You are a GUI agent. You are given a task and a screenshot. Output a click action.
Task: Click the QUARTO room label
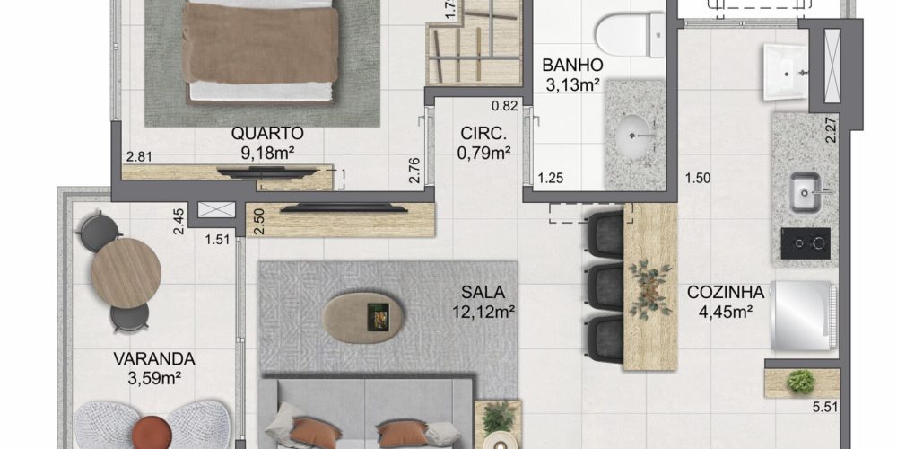point(267,134)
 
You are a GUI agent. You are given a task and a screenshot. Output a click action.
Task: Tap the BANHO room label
point(572,64)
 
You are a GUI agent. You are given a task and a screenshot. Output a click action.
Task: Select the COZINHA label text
point(726,293)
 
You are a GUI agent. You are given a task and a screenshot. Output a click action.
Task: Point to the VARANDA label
point(154,360)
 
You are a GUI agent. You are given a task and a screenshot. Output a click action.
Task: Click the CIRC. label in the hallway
point(484,134)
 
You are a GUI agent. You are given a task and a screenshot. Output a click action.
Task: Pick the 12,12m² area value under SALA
point(484,313)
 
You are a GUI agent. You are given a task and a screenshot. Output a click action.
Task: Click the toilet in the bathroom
point(630,34)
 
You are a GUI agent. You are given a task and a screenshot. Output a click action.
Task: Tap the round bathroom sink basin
point(634,136)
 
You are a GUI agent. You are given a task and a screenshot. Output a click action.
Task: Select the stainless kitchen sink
point(806,192)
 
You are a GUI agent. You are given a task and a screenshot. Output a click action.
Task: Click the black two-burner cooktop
point(806,243)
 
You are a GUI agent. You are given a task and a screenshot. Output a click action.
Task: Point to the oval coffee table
point(363,318)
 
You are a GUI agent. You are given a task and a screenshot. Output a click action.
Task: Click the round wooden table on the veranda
point(126,273)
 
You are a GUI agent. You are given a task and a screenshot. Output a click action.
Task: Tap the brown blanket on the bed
point(260,43)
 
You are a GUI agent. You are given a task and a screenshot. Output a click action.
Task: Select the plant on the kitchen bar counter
point(650,288)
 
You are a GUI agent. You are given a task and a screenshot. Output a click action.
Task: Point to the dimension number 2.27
point(832,130)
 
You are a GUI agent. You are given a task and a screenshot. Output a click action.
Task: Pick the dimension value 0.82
point(505,105)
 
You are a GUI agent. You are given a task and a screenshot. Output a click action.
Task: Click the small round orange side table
point(152,433)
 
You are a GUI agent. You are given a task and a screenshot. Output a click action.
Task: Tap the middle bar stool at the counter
point(605,287)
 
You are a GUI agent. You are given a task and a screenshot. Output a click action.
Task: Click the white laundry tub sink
point(786,73)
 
